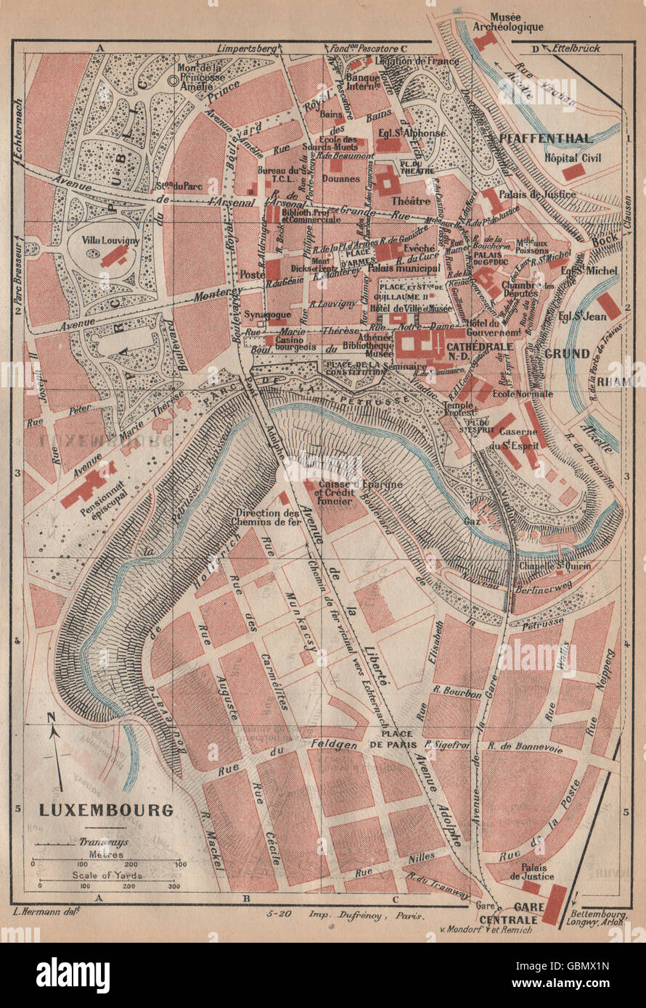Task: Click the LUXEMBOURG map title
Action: pos(105,810)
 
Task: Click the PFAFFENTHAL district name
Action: pos(555,138)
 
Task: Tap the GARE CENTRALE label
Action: pos(516,914)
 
